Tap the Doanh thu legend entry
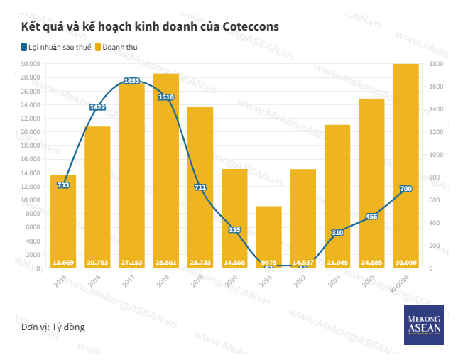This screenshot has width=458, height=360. point(121,48)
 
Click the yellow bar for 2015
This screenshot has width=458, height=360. point(63,220)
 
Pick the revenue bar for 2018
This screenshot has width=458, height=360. point(166,170)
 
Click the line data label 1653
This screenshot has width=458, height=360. point(131,81)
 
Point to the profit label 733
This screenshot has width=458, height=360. point(63,185)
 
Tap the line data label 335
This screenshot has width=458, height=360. point(234,230)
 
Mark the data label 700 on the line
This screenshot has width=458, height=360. point(405,189)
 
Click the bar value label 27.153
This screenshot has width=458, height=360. point(132,263)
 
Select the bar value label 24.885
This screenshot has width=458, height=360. point(371,263)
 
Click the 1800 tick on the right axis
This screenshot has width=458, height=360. point(436,64)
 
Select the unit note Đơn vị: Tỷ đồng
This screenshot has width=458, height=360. point(53,327)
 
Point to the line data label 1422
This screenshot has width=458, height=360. point(97,107)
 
